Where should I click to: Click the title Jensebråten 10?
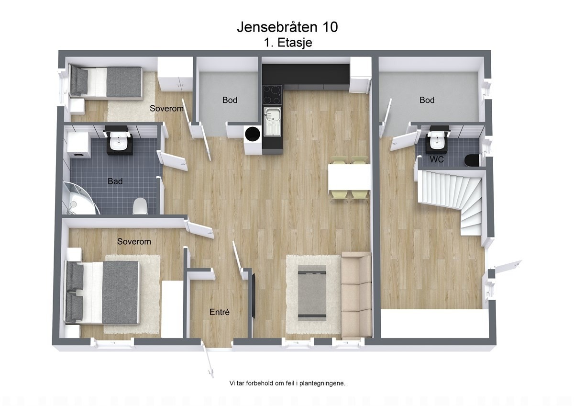(287, 27)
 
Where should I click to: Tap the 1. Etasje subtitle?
(287, 43)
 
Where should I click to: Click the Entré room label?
(220, 312)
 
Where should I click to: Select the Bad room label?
(115, 181)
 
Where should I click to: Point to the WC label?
(437, 159)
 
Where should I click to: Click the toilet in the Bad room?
(140, 206)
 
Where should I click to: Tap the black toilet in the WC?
(472, 160)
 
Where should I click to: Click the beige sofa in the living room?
(356, 296)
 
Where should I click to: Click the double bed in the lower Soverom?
(103, 292)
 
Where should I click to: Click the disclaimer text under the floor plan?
(287, 383)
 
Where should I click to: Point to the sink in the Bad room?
(118, 143)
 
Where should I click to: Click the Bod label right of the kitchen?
(427, 100)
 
